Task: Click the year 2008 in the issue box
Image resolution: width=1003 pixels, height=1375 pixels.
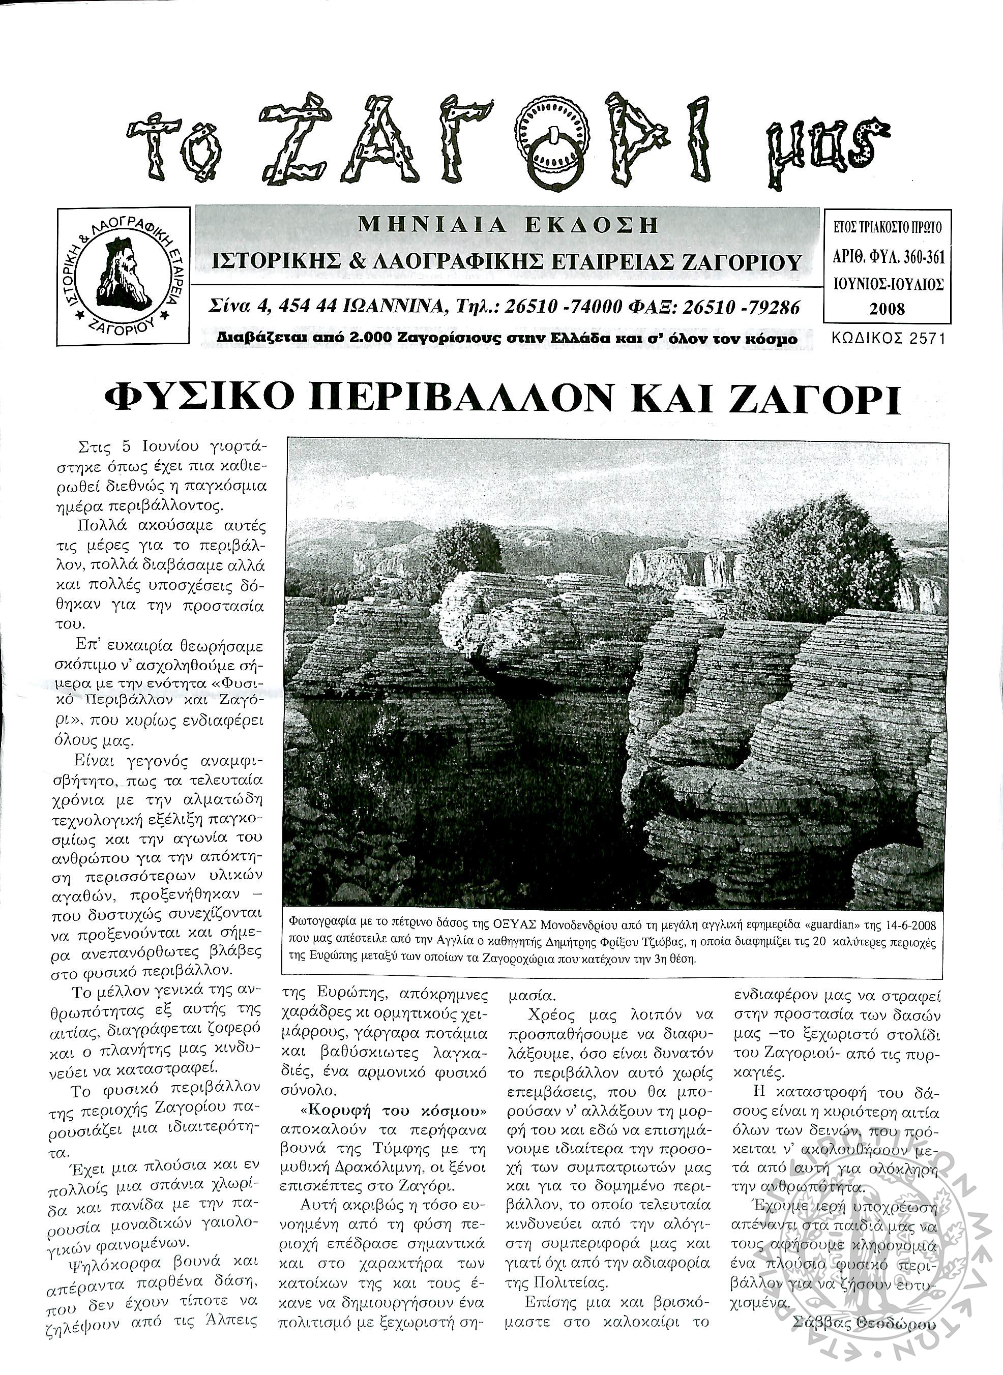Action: [x=887, y=308]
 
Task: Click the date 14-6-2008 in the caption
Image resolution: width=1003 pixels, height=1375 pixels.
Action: [x=908, y=926]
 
